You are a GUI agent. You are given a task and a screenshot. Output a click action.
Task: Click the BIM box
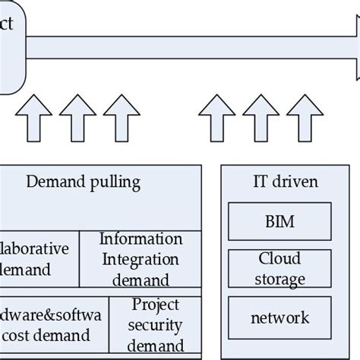click(280, 222)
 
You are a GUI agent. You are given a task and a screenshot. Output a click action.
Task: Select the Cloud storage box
click(280, 269)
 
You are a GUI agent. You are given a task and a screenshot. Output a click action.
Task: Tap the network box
click(280, 317)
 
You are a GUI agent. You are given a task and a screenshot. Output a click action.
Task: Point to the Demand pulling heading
click(83, 182)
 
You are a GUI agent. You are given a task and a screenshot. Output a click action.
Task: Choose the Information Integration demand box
click(141, 260)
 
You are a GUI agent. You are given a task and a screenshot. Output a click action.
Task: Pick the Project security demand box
click(156, 326)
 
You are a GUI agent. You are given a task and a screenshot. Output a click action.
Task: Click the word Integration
click(141, 260)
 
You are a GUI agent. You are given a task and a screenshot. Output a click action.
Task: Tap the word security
click(156, 326)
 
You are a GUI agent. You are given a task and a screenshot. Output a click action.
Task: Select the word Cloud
click(280, 259)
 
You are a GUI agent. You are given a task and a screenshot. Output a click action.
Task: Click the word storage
click(280, 279)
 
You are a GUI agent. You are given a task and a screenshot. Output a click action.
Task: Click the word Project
click(156, 305)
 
